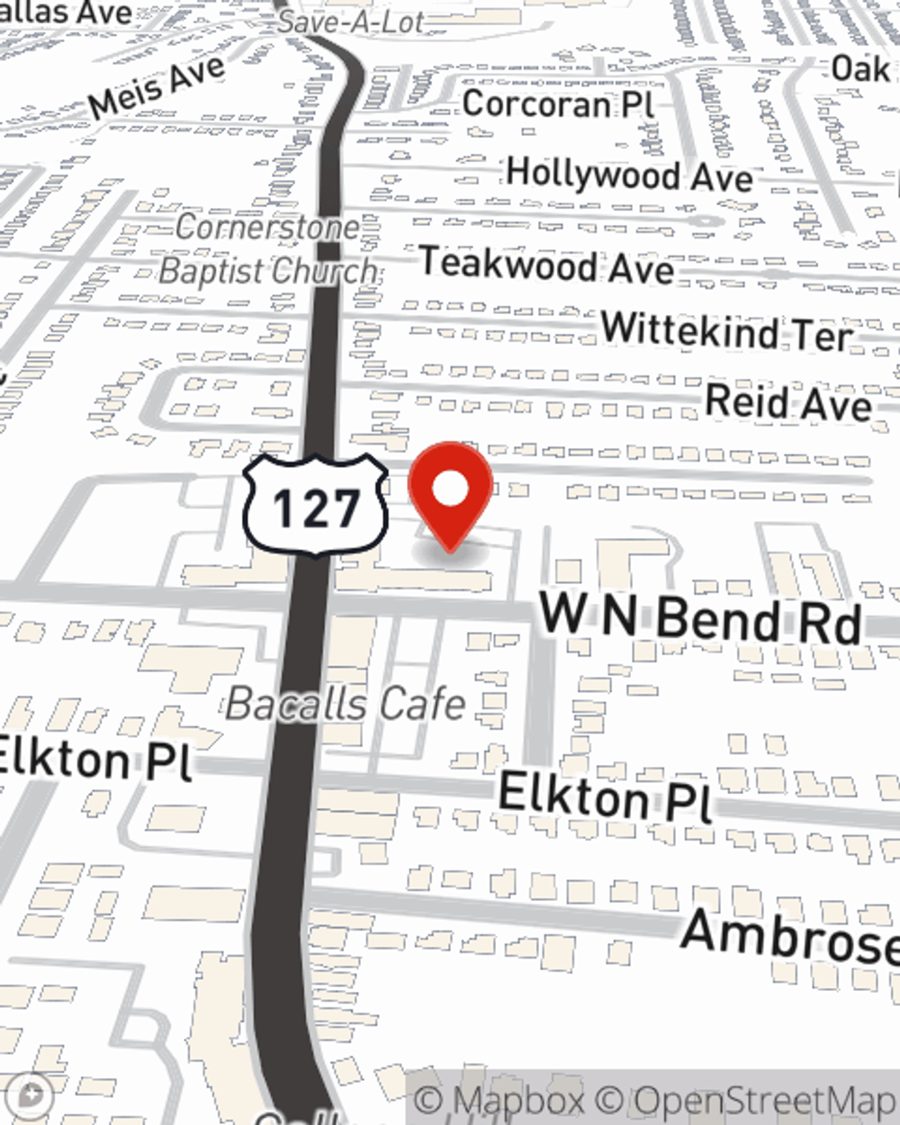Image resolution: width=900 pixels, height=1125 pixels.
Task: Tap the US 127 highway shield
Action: click(x=315, y=506)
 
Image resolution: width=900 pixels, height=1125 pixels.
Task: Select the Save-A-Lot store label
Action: click(x=349, y=21)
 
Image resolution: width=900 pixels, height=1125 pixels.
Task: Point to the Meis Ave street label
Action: click(x=157, y=87)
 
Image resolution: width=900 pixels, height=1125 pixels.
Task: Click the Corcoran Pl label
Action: click(x=558, y=104)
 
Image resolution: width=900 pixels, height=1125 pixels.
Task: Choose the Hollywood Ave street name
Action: click(x=629, y=174)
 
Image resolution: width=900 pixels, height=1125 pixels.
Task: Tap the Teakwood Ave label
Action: click(x=547, y=265)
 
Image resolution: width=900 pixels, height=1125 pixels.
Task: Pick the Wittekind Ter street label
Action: click(x=726, y=332)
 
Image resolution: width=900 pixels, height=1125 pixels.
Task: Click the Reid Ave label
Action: click(x=788, y=402)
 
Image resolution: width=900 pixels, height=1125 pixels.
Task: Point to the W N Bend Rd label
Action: click(x=700, y=618)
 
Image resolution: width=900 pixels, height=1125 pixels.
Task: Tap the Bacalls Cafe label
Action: click(x=345, y=703)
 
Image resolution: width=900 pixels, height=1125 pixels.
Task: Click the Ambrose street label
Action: click(x=790, y=934)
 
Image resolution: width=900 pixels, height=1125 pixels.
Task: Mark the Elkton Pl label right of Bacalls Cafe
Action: click(x=605, y=796)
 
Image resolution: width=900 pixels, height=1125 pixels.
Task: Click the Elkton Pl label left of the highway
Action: click(x=94, y=759)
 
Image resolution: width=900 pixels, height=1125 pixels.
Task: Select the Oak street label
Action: click(x=859, y=67)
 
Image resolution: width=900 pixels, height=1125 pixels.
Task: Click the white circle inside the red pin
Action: click(x=450, y=490)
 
